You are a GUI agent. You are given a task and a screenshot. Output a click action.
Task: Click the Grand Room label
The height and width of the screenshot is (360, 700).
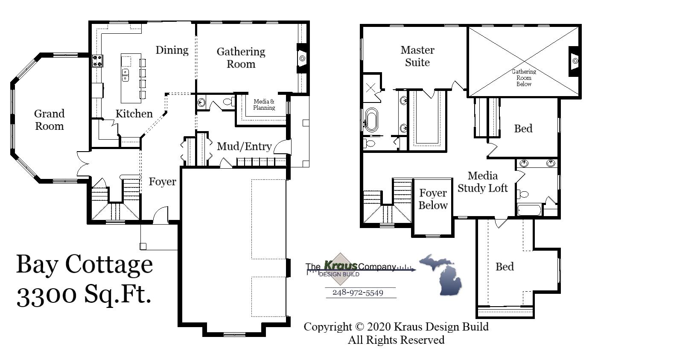click(49, 120)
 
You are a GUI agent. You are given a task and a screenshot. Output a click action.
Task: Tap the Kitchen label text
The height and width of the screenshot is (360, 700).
click(134, 114)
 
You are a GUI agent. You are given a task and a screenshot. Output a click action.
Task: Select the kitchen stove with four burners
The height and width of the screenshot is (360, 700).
click(97, 61)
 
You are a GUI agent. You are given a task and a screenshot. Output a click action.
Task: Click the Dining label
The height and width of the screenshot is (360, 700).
click(172, 50)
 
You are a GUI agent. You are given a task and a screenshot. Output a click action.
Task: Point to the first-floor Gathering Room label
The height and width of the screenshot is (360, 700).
click(241, 58)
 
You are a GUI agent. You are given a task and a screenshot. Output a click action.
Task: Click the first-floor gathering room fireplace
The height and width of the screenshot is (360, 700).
click(302, 58)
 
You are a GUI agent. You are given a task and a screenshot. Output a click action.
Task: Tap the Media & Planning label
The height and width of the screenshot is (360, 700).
click(264, 105)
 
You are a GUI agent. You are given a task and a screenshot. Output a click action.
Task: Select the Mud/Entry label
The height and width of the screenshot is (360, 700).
click(244, 146)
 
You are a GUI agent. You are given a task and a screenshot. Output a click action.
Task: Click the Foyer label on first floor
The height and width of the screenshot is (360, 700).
click(162, 181)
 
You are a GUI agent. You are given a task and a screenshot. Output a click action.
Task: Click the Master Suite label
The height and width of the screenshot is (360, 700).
click(417, 56)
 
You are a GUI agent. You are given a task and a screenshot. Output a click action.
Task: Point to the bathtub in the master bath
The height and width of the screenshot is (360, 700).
click(371, 120)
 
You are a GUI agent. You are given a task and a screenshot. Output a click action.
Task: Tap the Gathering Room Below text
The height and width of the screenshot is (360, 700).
click(524, 78)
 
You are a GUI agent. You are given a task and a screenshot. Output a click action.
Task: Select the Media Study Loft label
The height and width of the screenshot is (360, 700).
click(482, 182)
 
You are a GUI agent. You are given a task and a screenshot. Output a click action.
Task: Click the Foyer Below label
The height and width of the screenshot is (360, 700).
click(433, 199)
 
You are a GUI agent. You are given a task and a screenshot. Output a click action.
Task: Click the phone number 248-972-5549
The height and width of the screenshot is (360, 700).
click(358, 293)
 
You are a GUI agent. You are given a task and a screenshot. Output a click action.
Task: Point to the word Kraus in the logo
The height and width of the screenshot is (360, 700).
click(340, 265)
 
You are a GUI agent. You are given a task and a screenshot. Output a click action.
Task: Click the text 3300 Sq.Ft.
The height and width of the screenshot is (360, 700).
click(84, 294)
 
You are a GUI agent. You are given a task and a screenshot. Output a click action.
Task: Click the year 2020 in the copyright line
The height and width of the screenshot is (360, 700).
click(379, 327)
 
